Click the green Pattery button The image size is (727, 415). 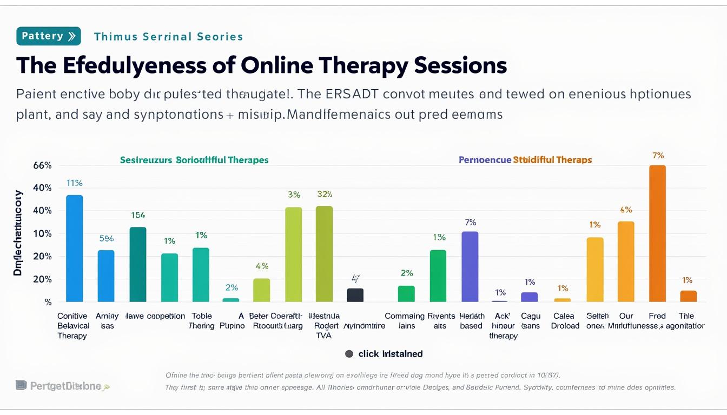pos(49,36)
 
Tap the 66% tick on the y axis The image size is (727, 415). pos(42,165)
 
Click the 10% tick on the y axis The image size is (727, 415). pos(42,233)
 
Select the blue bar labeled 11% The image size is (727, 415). pos(75,248)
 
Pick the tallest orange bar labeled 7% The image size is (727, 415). pos(657,233)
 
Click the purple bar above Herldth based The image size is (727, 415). pos(470,266)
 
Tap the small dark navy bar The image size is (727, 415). pos(355,295)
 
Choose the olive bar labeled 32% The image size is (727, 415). pos(324,253)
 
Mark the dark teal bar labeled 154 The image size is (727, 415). pos(138,264)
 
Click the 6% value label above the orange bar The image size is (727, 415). pos(626,210)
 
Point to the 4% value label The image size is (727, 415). pos(262,266)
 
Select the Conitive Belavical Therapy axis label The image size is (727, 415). pos(73,326)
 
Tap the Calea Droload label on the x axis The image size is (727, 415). pos(565,321)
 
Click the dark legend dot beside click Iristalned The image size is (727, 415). pos(349,354)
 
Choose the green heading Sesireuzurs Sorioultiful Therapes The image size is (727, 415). pos(194,160)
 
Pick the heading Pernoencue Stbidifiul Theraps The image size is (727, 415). pos(525,160)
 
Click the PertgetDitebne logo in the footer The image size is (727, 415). pos(62,386)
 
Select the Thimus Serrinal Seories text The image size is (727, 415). pos(168,37)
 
